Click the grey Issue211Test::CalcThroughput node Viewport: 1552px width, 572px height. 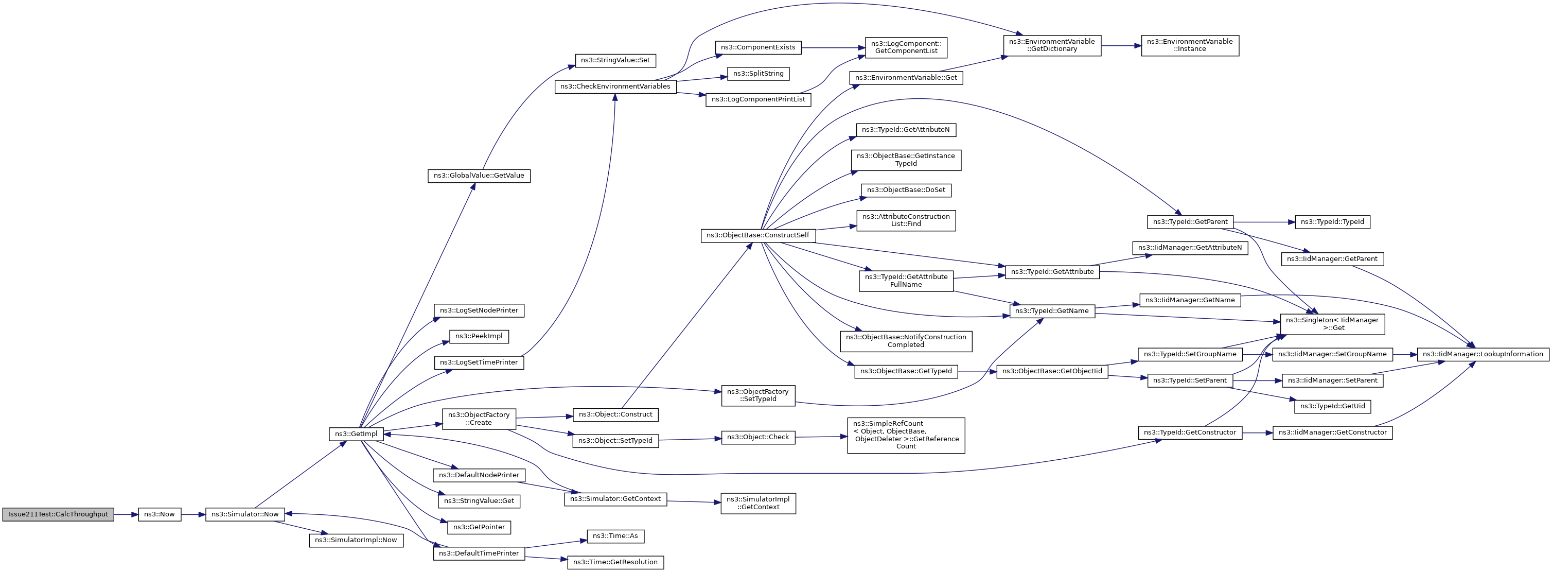point(58,514)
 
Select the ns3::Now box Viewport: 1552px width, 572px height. point(160,514)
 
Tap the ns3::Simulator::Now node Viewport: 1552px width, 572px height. point(245,514)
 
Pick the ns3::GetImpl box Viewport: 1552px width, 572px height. point(356,434)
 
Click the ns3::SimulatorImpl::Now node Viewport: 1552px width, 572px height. point(356,540)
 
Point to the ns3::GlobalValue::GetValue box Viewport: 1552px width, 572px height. point(479,176)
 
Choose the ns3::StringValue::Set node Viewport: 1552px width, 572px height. point(615,60)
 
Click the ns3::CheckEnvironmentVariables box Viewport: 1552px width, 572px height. point(615,86)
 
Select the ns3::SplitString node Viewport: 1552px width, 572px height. point(758,74)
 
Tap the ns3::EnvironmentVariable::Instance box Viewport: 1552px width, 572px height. point(1190,45)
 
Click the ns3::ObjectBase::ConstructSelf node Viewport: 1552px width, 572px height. point(759,235)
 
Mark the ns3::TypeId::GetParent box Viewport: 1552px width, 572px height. point(1190,222)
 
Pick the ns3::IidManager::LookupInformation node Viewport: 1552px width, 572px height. point(1483,354)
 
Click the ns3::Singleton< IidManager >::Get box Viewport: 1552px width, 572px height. point(1333,324)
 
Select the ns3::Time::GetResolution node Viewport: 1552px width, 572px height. point(615,562)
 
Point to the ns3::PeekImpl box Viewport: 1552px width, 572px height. point(479,336)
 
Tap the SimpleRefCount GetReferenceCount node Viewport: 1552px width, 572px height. point(906,435)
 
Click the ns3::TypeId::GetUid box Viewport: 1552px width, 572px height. point(1333,406)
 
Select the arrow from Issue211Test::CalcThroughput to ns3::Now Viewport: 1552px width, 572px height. point(126,514)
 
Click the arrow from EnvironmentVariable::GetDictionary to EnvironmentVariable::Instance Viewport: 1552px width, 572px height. point(1121,45)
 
